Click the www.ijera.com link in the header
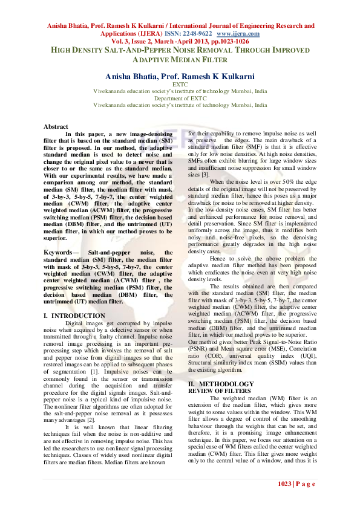click(x=238, y=34)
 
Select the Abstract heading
click(x=56, y=126)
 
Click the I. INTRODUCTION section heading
click(x=75, y=316)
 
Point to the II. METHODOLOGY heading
click(x=221, y=384)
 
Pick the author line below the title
click(x=180, y=77)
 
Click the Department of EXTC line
click(x=180, y=98)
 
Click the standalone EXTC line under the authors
click(x=180, y=85)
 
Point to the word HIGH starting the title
click(x=60, y=51)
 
